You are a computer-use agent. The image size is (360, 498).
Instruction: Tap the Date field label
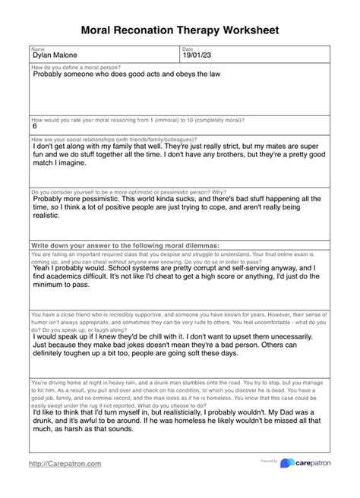(188, 49)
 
